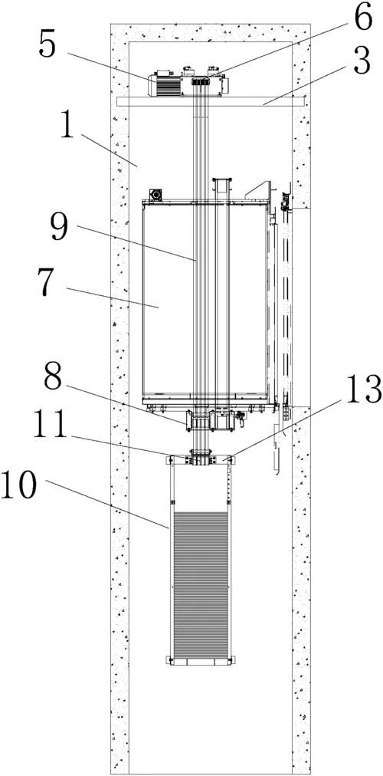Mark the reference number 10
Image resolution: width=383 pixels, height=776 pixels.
point(19,484)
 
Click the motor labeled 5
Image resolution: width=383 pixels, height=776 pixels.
point(165,84)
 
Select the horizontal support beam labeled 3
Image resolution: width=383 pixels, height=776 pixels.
point(211,101)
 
